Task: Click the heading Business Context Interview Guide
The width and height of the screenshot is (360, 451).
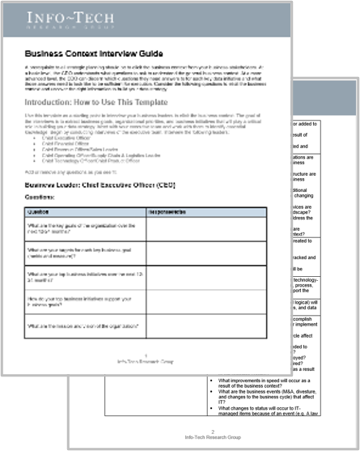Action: point(92,50)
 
